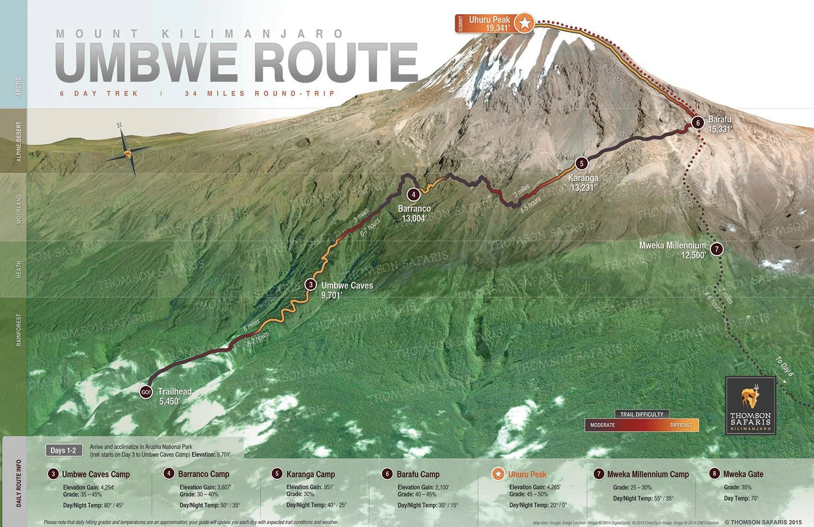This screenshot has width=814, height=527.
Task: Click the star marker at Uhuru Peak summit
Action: pyautogui.click(x=524, y=23)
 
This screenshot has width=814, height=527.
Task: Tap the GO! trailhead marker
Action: pyautogui.click(x=146, y=392)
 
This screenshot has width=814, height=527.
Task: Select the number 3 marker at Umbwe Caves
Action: pyautogui.click(x=310, y=284)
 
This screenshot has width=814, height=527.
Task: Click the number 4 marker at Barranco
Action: pyautogui.click(x=414, y=195)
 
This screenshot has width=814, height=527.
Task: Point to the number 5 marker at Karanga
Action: pyautogui.click(x=582, y=163)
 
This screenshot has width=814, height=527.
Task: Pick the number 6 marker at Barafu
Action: pyautogui.click(x=698, y=123)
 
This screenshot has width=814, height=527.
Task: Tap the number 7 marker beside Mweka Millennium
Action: pyautogui.click(x=717, y=249)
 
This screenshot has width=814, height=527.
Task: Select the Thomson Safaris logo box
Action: pyautogui.click(x=751, y=405)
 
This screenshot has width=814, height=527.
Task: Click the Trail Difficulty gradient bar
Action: pyautogui.click(x=641, y=425)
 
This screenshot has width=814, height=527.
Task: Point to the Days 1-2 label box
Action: pyautogui.click(x=63, y=450)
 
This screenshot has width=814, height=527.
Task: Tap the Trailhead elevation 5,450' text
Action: pyautogui.click(x=169, y=401)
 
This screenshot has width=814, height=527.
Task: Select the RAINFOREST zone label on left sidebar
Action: pyautogui.click(x=19, y=330)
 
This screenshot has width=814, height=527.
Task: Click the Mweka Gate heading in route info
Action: pyautogui.click(x=743, y=474)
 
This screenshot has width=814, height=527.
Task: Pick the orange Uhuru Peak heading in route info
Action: pyautogui.click(x=527, y=474)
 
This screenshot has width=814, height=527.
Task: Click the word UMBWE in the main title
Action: pyautogui.click(x=147, y=62)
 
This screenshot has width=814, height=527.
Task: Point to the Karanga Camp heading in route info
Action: pyautogui.click(x=310, y=474)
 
